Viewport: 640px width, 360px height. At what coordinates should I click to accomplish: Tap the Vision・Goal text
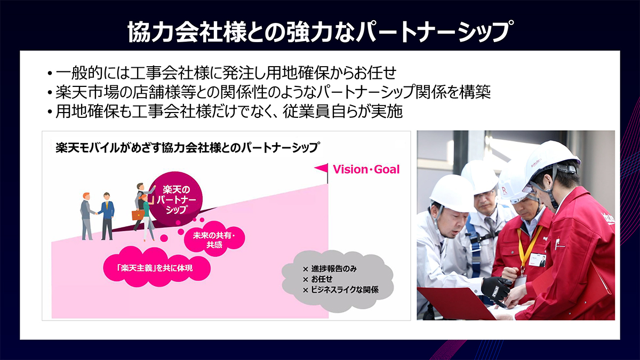point(366,170)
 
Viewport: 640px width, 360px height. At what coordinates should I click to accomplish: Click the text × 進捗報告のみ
point(330,269)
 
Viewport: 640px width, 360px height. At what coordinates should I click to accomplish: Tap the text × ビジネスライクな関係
point(341,290)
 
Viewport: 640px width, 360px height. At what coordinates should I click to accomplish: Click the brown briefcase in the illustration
point(138,214)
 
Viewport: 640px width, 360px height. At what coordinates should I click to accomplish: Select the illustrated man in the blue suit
point(107,216)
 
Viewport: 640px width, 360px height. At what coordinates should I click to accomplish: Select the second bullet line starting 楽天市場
point(269,92)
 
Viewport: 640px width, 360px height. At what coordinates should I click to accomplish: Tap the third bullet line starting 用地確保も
point(225,111)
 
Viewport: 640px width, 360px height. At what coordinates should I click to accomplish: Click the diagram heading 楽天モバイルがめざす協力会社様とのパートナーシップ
point(187,148)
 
